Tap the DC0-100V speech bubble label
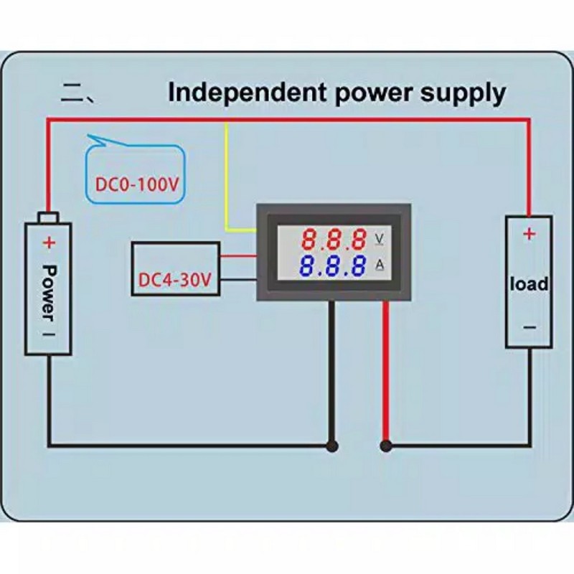click(136, 184)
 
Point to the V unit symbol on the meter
click(380, 237)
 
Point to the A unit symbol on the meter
click(380, 266)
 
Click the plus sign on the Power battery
click(49, 243)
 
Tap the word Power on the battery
click(49, 293)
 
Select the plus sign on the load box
click(529, 234)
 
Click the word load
click(529, 283)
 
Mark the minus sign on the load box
click(529, 327)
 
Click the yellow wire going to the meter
click(227, 179)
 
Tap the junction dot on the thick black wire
click(331, 446)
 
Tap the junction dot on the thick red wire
click(386, 446)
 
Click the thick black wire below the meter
click(331, 373)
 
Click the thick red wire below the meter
click(386, 373)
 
